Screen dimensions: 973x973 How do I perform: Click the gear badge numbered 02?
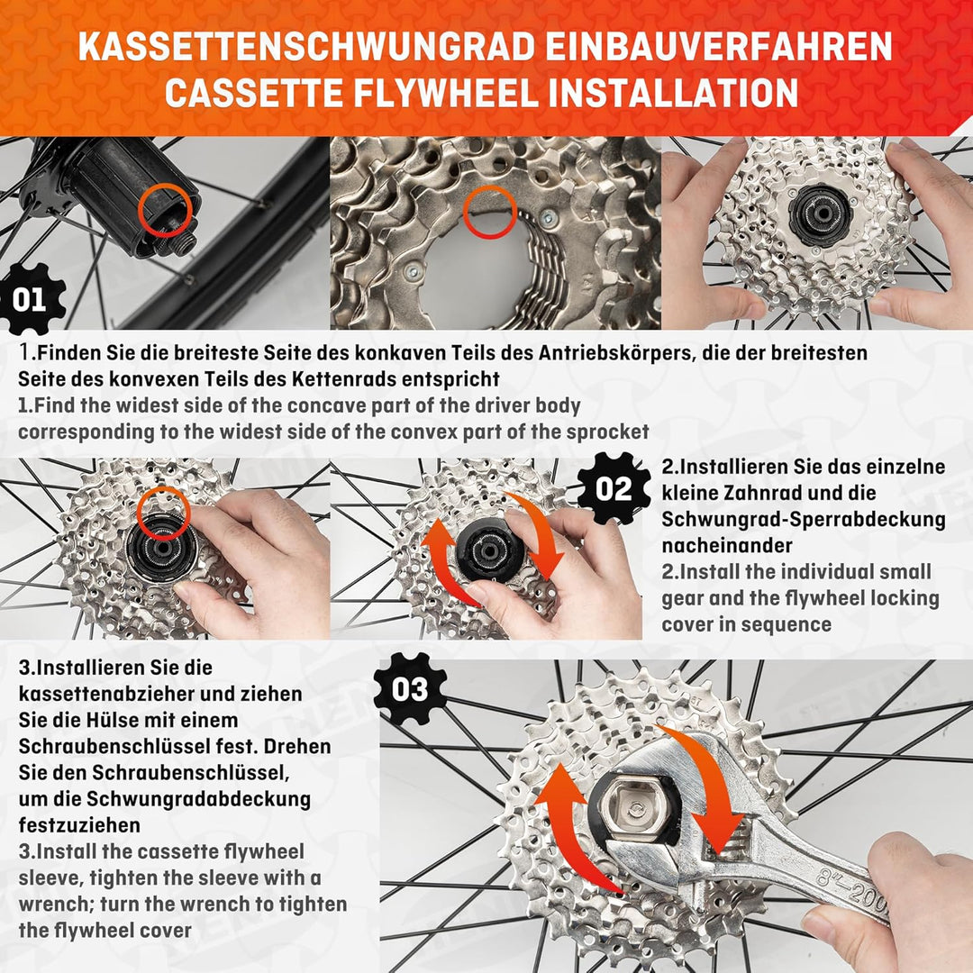click(x=614, y=489)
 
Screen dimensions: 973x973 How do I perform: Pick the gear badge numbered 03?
click(x=410, y=690)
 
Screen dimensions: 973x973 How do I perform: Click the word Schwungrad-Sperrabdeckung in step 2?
click(x=804, y=520)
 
